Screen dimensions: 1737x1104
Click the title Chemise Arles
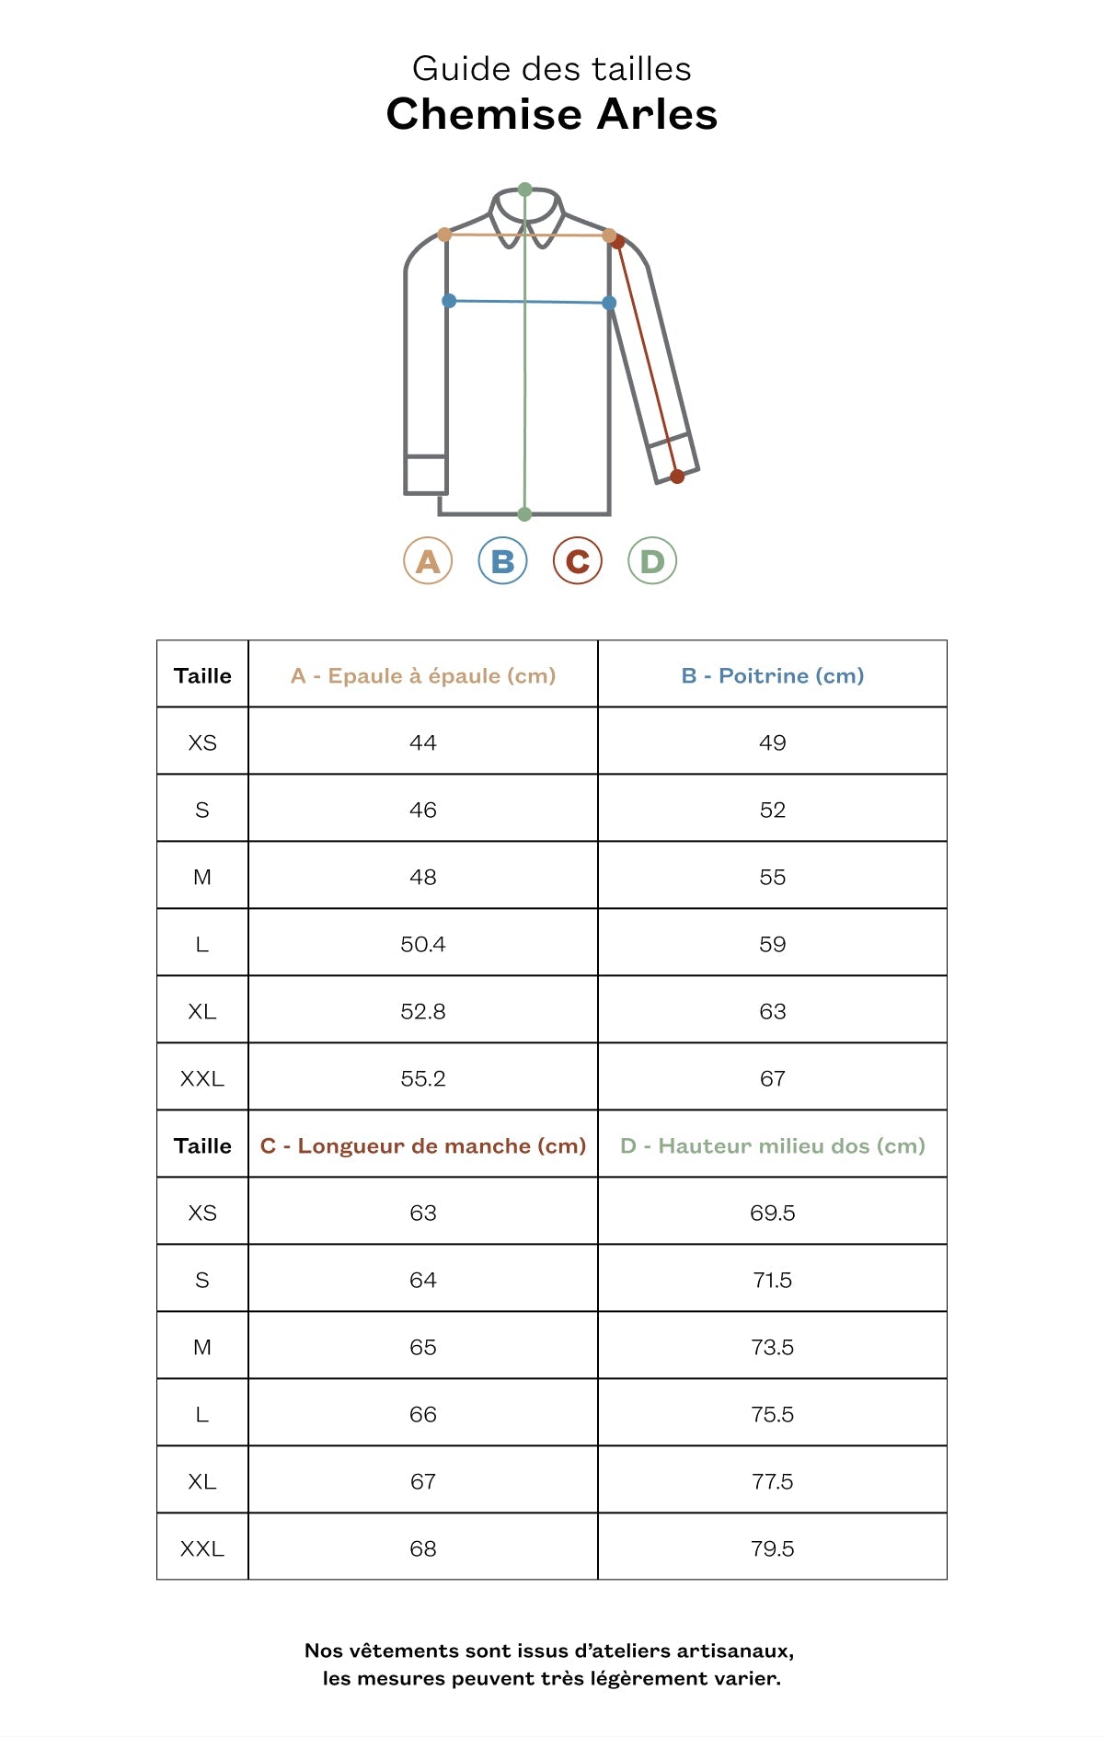click(x=551, y=114)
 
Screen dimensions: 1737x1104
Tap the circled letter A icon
click(x=428, y=560)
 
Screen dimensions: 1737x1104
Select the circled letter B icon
click(x=502, y=560)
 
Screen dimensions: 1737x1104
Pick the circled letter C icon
click(x=577, y=560)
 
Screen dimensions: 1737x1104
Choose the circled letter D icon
click(x=652, y=560)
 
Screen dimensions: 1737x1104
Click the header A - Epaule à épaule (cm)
click(x=423, y=675)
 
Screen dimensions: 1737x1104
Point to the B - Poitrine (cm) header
click(x=772, y=675)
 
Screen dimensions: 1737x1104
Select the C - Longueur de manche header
click(x=423, y=1145)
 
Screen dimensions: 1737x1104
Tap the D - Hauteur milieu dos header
click(x=772, y=1145)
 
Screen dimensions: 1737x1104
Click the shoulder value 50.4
click(x=423, y=944)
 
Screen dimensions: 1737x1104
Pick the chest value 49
click(x=772, y=742)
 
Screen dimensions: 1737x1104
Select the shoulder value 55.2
click(x=423, y=1078)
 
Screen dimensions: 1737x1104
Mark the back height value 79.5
click(x=772, y=1548)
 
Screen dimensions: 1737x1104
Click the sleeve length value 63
click(x=423, y=1213)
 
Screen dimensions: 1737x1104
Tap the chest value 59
click(x=772, y=944)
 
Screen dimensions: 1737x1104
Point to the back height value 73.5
click(x=772, y=1347)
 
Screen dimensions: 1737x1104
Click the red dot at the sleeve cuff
click(x=677, y=476)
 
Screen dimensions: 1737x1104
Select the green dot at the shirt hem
click(x=524, y=513)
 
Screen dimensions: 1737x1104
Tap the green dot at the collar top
click(x=524, y=190)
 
